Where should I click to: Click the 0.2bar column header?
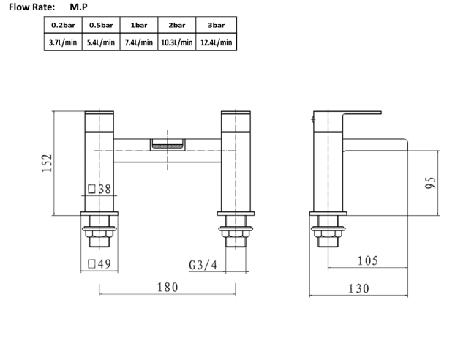pyautogui.click(x=63, y=26)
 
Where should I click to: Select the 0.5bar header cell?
pyautogui.click(x=100, y=26)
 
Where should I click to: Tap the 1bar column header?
pyautogui.click(x=138, y=26)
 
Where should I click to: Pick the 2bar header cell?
pyautogui.click(x=176, y=26)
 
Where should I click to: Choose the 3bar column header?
pyautogui.click(x=216, y=26)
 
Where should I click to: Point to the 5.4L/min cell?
pyautogui.click(x=100, y=42)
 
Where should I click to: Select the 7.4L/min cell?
pyautogui.click(x=138, y=42)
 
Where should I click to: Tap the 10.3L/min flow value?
pyautogui.click(x=176, y=42)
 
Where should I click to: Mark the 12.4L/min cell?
pyautogui.click(x=216, y=42)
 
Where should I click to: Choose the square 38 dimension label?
pyautogui.click(x=99, y=189)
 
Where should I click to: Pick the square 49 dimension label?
pyautogui.click(x=99, y=264)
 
